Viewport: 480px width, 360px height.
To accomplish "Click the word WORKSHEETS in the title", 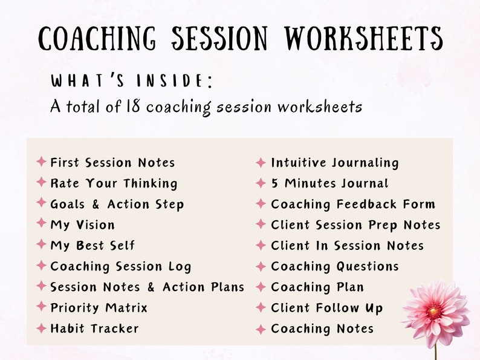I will click(x=365, y=39).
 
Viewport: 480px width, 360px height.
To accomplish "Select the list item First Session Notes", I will click(x=112, y=163).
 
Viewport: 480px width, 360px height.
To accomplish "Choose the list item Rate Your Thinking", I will click(x=114, y=183).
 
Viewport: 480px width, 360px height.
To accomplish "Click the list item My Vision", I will click(x=82, y=225).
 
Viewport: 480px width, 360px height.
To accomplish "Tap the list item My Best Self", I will click(x=92, y=246).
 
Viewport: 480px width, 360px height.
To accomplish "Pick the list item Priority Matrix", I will click(x=99, y=308).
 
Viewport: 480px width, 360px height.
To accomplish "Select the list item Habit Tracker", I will click(x=94, y=329).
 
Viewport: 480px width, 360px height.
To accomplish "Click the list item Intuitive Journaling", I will click(x=335, y=163).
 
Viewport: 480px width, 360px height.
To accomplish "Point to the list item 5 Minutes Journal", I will click(x=329, y=183).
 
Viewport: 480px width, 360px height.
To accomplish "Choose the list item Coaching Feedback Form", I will click(x=353, y=205).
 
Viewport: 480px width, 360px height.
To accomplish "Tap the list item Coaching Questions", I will click(x=335, y=266).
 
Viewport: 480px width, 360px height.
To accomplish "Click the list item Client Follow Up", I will click(x=326, y=308).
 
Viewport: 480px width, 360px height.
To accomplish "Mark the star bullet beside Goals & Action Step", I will click(x=41, y=203).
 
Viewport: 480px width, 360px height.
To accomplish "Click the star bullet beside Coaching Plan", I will click(x=261, y=287).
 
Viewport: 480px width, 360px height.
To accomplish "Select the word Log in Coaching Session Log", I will click(x=180, y=267).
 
